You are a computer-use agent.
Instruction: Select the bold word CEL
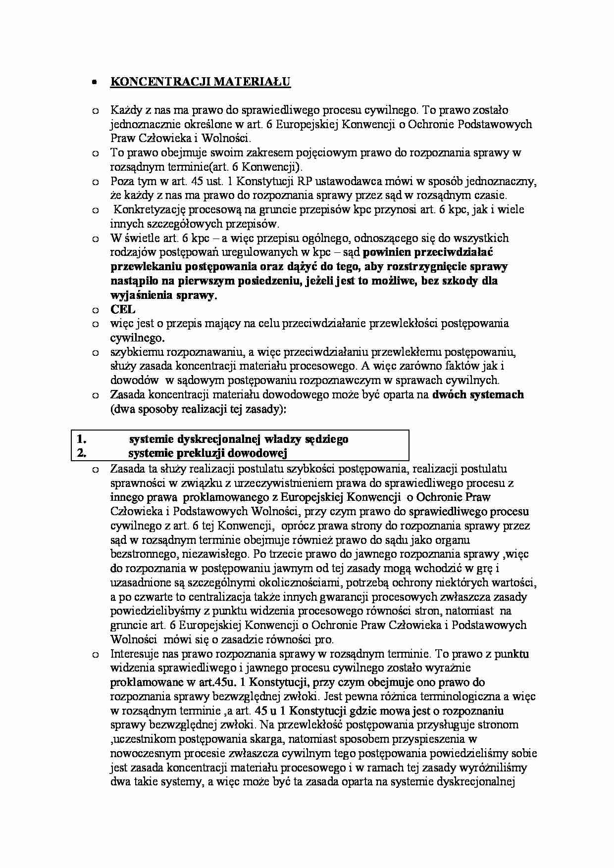coord(122,309)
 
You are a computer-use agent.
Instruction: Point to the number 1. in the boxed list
coord(82,439)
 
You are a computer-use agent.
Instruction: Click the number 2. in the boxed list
coord(82,453)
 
